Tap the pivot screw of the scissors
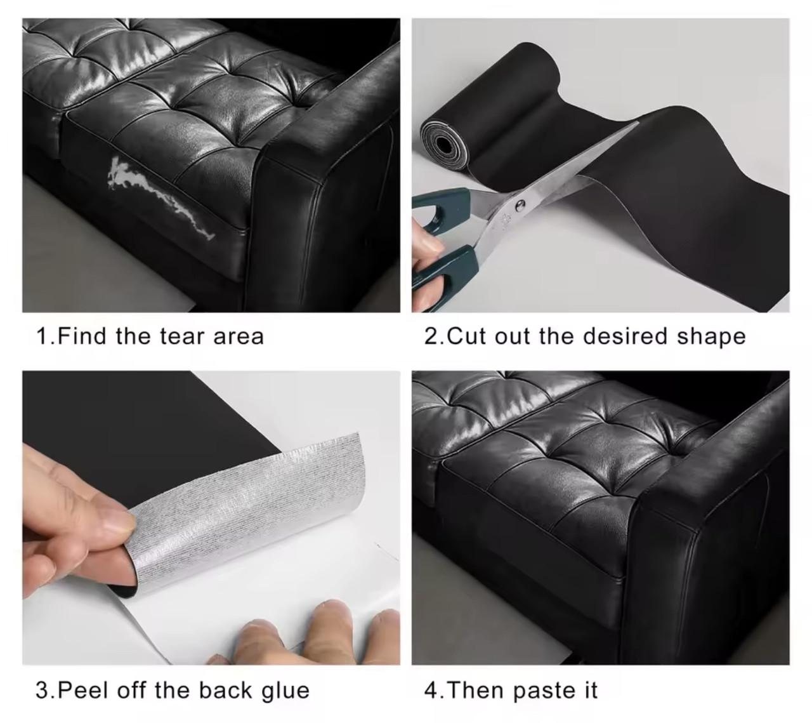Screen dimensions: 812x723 pyautogui.click(x=520, y=206)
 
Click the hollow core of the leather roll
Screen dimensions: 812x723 pyautogui.click(x=443, y=143)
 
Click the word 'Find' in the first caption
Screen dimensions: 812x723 pyautogui.click(x=82, y=336)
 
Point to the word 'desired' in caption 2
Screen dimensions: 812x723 pyautogui.click(x=625, y=336)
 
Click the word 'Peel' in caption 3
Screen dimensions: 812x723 pyautogui.click(x=83, y=691)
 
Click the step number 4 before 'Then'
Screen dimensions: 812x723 pyautogui.click(x=431, y=691)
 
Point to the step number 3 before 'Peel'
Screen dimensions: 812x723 pyautogui.click(x=43, y=691)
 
